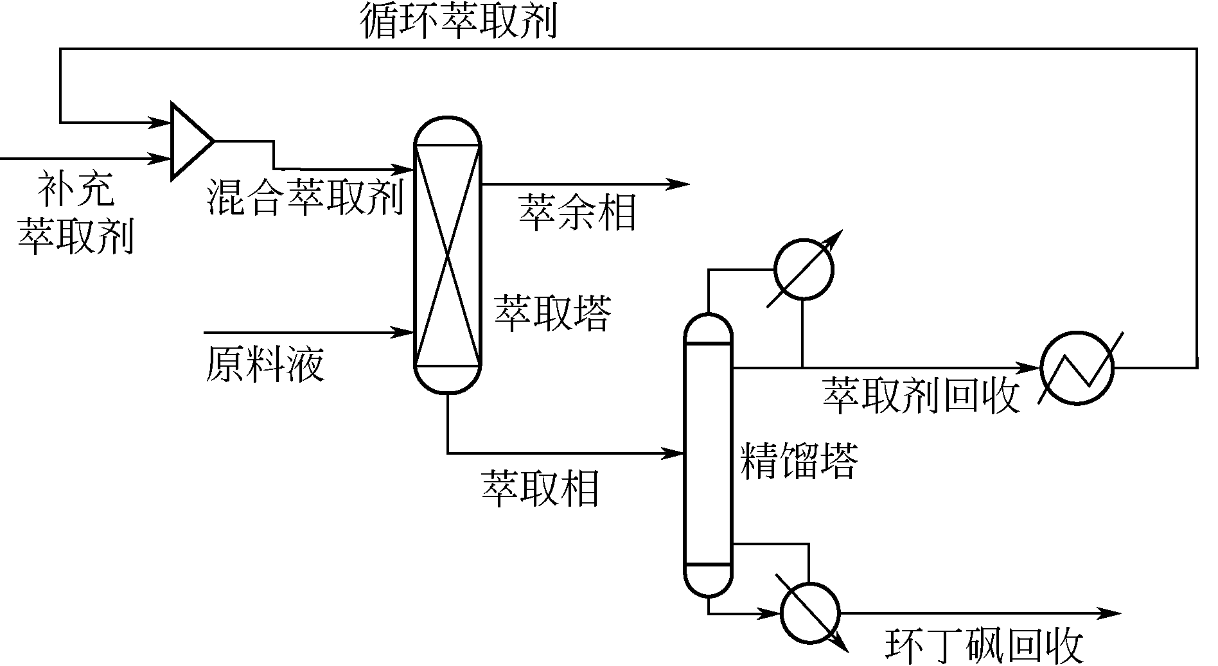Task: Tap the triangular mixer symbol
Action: coord(189,141)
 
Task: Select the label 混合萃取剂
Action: coord(305,197)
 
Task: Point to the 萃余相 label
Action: coord(577,212)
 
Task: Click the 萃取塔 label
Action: coord(552,313)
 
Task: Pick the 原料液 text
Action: coord(265,364)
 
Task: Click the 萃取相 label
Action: coord(540,487)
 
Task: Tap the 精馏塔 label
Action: coord(799,460)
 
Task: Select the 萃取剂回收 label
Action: coord(921,394)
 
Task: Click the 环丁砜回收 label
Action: coord(984,645)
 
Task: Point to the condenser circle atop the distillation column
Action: coord(804,269)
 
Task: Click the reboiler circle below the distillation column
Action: coord(810,611)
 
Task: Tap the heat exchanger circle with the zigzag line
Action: coord(1077,368)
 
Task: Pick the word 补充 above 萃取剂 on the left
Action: coord(76,189)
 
